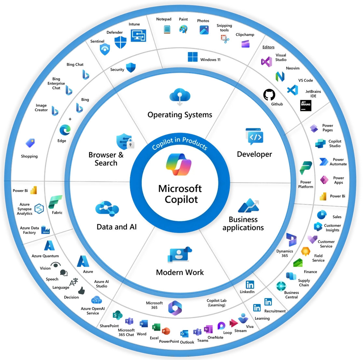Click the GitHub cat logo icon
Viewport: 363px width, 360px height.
(x=269, y=95)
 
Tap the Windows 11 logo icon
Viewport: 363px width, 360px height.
(x=193, y=57)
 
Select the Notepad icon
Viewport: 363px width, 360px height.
(x=167, y=29)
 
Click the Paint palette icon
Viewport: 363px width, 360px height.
(x=183, y=30)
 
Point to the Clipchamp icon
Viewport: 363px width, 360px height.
(x=246, y=44)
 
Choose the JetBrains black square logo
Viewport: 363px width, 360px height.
(x=305, y=105)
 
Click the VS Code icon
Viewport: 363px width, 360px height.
(x=293, y=90)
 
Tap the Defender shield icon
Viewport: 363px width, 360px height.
(x=120, y=42)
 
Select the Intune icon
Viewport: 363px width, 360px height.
(x=138, y=36)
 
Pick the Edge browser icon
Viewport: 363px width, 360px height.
(x=65, y=130)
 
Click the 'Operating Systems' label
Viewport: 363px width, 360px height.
(x=180, y=115)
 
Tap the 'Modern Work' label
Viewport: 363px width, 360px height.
(x=180, y=272)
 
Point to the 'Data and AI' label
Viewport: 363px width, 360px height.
(x=116, y=227)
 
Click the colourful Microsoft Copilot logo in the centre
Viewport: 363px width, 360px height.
(x=179, y=164)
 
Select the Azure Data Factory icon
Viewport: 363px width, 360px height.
(x=46, y=230)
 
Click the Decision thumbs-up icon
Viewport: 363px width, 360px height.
(x=81, y=290)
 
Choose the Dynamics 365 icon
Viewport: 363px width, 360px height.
(x=291, y=240)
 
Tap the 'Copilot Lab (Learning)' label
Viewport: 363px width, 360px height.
(x=217, y=303)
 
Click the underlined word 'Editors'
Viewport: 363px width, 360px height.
(x=268, y=47)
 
